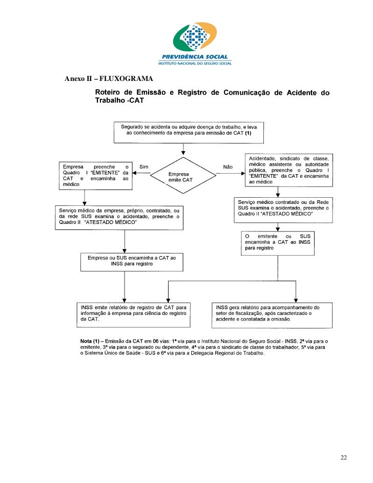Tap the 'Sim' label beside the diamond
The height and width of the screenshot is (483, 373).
click(x=143, y=166)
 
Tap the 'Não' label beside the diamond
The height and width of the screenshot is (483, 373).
click(x=228, y=166)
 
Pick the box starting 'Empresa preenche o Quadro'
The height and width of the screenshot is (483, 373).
click(x=95, y=176)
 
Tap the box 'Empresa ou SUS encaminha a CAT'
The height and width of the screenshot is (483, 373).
click(x=132, y=261)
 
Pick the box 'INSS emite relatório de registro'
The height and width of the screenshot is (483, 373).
click(x=133, y=313)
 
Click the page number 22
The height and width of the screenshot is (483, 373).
click(x=343, y=457)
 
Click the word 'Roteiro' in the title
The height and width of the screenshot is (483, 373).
click(x=109, y=93)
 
